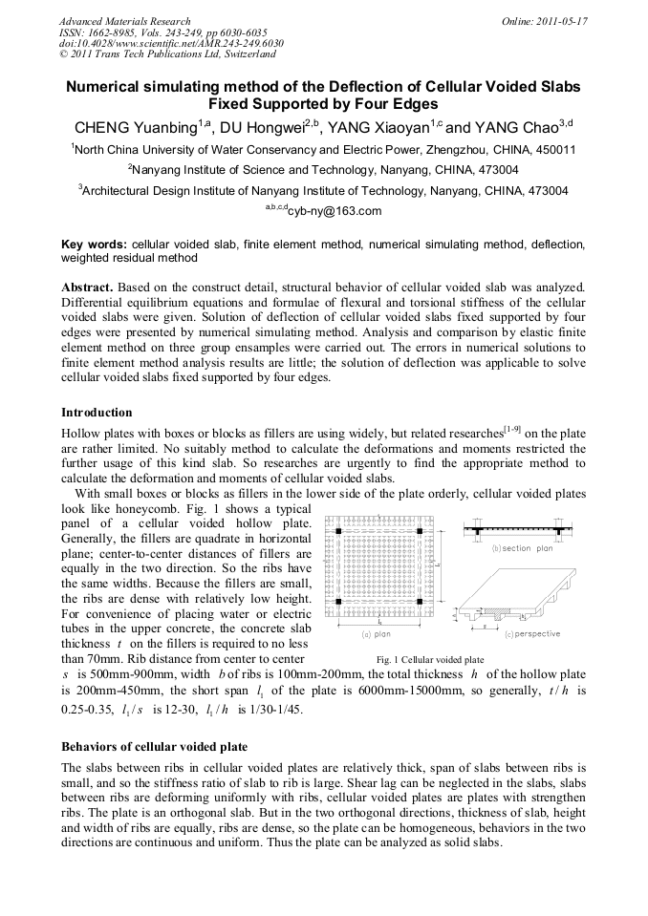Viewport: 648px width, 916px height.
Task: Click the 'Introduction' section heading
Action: coord(97,413)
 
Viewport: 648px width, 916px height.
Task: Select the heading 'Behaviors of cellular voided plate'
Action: coord(154,746)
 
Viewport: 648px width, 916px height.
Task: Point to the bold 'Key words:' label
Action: coord(94,245)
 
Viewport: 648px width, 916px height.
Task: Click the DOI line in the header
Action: coord(171,43)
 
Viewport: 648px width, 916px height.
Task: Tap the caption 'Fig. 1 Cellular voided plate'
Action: coord(429,660)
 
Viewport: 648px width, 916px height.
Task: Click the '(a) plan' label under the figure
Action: coord(375,634)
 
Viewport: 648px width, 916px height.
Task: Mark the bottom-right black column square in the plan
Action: coord(420,604)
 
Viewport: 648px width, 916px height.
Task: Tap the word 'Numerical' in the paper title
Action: coord(109,86)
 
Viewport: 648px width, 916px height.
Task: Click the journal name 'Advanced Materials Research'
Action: coord(124,21)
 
